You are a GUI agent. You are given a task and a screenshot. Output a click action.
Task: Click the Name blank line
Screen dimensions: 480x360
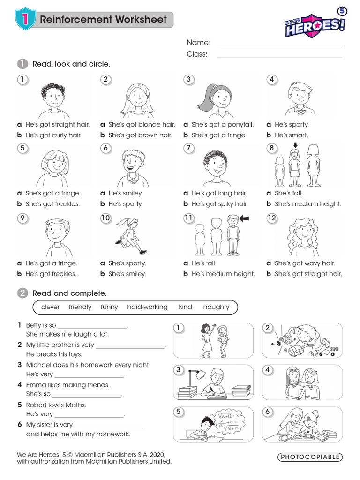pos(280,45)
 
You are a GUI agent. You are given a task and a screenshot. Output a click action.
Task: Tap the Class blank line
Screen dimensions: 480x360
pos(280,57)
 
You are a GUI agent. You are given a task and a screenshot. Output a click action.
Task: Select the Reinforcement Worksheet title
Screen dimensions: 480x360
pos(103,20)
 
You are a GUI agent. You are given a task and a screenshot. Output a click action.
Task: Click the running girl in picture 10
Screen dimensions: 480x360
pos(131,233)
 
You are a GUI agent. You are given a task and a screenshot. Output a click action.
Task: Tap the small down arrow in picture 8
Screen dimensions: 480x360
pos(294,153)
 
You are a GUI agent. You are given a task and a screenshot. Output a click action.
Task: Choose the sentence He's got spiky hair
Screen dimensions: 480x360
pos(219,204)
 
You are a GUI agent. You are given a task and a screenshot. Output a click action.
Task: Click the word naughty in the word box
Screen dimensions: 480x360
pos(216,307)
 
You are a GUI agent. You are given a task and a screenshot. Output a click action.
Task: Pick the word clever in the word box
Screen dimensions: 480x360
pos(51,307)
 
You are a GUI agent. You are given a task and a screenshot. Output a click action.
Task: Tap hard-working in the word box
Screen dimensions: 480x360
pos(147,307)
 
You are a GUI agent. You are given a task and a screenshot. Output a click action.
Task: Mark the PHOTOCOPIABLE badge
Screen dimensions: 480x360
pos(310,457)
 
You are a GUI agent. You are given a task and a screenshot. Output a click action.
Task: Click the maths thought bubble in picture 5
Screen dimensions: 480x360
pos(226,420)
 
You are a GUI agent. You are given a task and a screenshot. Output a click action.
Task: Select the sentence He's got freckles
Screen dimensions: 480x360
pos(51,274)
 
